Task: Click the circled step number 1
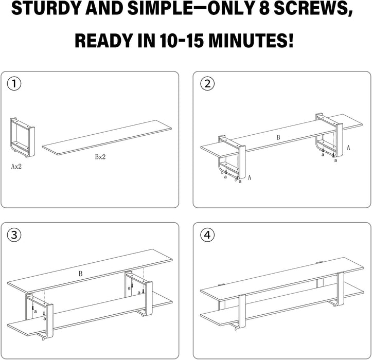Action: [14, 83]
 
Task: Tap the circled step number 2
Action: [207, 83]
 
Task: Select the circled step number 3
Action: [14, 235]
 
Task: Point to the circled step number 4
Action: [207, 235]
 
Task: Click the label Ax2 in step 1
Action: [16, 167]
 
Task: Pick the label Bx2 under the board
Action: [100, 157]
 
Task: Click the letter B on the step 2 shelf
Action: [278, 137]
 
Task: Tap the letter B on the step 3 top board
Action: [80, 274]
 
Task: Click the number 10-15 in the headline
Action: [182, 40]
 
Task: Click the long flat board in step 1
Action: [107, 138]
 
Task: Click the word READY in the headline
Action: [104, 40]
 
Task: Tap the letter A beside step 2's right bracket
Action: [348, 148]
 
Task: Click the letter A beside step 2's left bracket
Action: [250, 177]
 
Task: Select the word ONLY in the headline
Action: [231, 9]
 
